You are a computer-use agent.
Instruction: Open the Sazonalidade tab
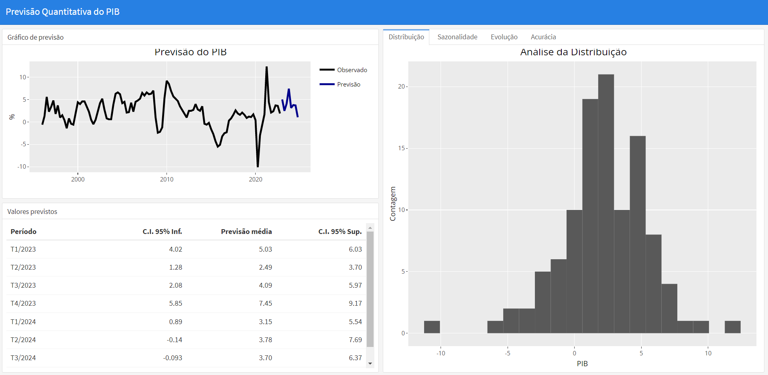(x=457, y=37)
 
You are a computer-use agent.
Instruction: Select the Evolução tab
(x=504, y=37)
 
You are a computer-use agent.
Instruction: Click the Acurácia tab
(x=543, y=37)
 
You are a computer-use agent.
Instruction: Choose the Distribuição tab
(x=406, y=37)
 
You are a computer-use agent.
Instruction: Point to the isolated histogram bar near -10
(x=432, y=327)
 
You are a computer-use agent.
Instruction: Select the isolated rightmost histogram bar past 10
(x=732, y=327)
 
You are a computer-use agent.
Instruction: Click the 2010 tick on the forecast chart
(x=167, y=179)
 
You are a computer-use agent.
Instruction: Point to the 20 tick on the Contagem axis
(x=402, y=87)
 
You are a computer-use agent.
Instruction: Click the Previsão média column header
(x=246, y=232)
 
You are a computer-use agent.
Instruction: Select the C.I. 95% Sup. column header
(x=340, y=232)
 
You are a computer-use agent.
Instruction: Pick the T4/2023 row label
(x=23, y=303)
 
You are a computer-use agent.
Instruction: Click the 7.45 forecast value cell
(x=265, y=303)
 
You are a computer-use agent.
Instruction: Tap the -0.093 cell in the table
(x=173, y=358)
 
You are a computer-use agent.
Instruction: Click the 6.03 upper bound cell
(x=355, y=249)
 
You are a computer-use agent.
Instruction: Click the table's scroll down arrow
(x=370, y=363)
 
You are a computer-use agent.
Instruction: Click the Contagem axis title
(x=393, y=204)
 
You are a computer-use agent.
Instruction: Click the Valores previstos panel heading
(x=32, y=212)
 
